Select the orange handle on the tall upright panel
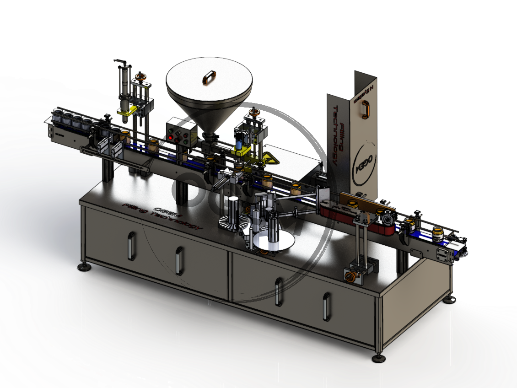(365, 110)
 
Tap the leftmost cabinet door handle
(131, 246)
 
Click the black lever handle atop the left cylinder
(120, 61)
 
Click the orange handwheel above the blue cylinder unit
(254, 112)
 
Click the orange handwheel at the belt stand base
(351, 277)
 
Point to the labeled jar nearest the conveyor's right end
(438, 234)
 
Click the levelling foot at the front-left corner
(84, 267)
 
